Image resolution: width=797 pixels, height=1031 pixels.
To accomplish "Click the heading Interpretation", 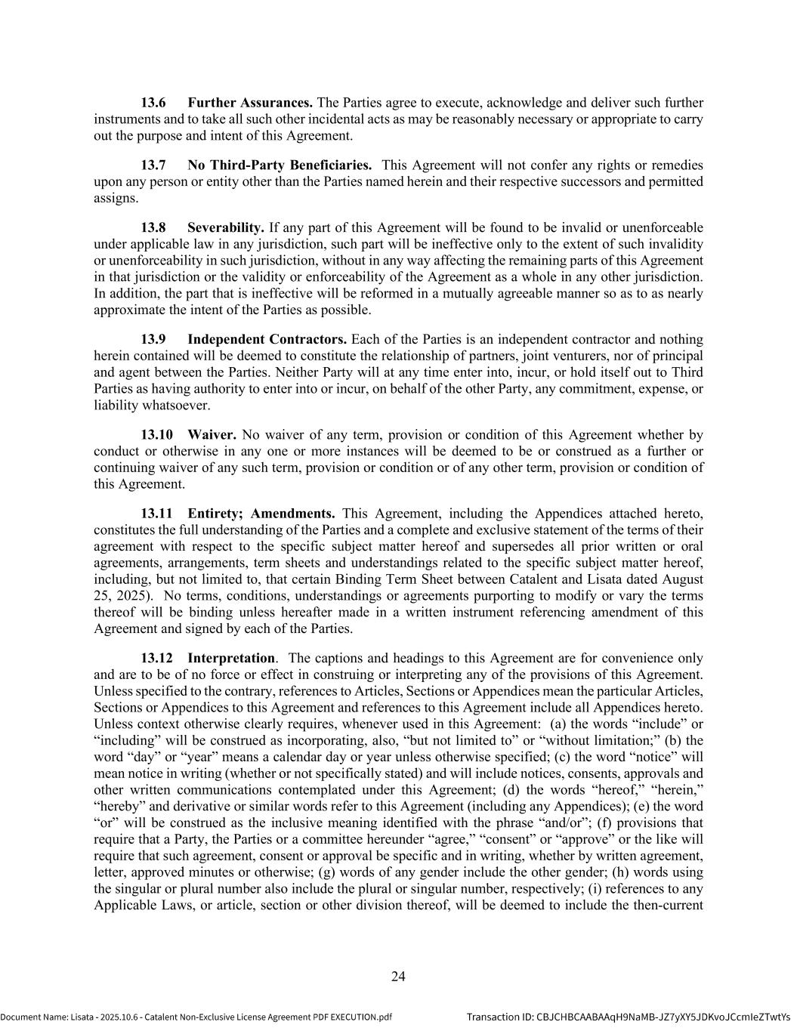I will coord(231,659).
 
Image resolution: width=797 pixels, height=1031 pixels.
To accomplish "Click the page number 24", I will coord(398,977).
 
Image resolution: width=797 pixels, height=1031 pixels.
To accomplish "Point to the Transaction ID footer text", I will coord(628,1017).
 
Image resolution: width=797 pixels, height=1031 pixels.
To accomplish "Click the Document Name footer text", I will coord(196,1017).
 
